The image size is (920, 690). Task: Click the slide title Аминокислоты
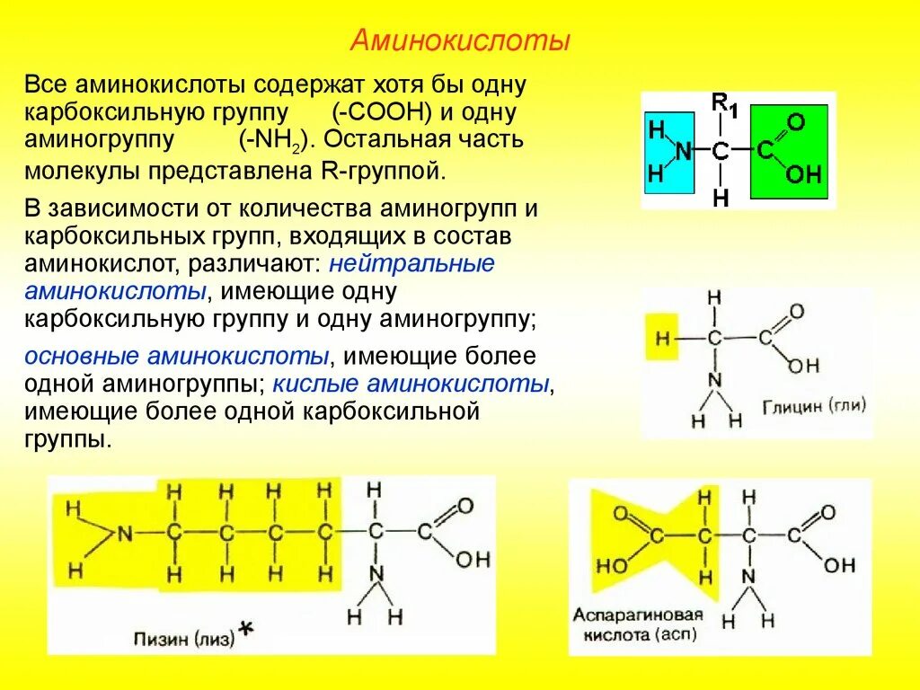(460, 40)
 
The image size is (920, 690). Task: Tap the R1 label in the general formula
(724, 104)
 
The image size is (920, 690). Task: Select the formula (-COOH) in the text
(383, 113)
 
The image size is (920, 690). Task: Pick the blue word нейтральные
(411, 265)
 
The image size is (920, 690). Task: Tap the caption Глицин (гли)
(814, 405)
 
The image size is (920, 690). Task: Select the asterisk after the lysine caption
(244, 632)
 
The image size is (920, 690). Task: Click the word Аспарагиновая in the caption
(636, 616)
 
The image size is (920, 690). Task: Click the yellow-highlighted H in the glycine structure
(663, 339)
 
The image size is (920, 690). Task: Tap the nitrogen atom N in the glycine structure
(714, 380)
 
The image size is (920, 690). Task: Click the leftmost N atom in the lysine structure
(124, 534)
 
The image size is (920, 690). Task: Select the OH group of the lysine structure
(473, 560)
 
